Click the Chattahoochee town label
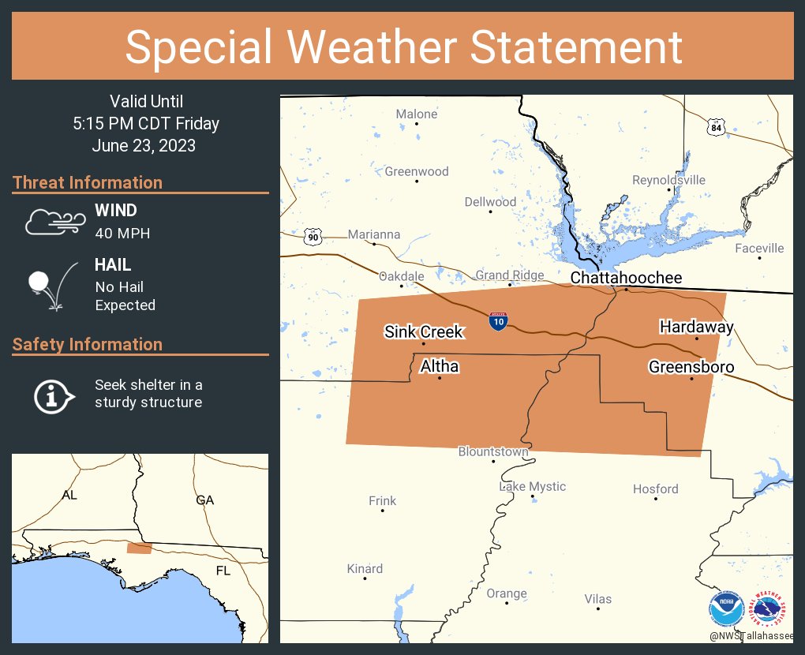626,278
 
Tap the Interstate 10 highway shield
498,320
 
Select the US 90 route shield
313,236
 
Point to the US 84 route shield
715,126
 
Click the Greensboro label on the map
691,367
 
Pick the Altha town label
440,366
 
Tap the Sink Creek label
424,331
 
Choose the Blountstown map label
493,451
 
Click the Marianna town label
374,234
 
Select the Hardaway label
697,327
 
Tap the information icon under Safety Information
53,395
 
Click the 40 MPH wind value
122,233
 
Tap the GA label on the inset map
205,500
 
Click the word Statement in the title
576,47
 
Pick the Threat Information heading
88,182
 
